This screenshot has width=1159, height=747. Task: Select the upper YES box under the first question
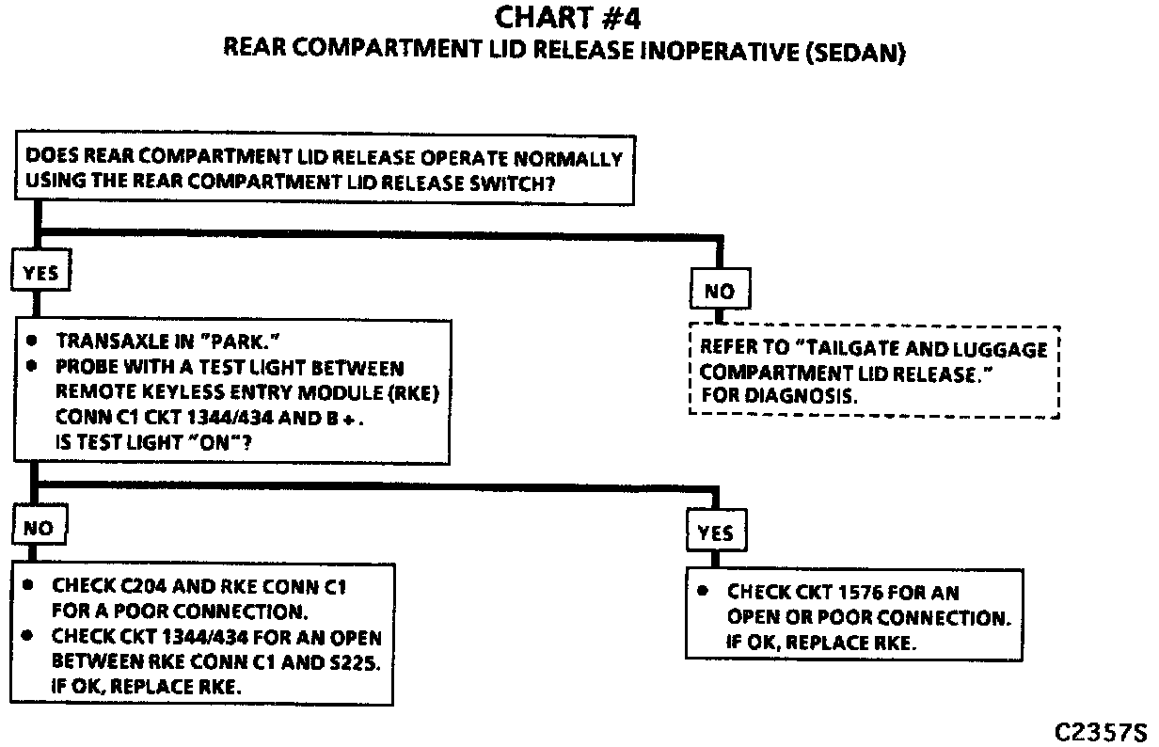click(x=40, y=273)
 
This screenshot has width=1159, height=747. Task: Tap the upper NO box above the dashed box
click(x=719, y=291)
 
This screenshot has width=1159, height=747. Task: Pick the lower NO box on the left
click(x=39, y=528)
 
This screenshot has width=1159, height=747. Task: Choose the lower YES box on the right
click(x=716, y=533)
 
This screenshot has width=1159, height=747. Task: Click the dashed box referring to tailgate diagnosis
click(x=874, y=372)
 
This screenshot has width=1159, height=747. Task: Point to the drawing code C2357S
click(x=1100, y=732)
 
